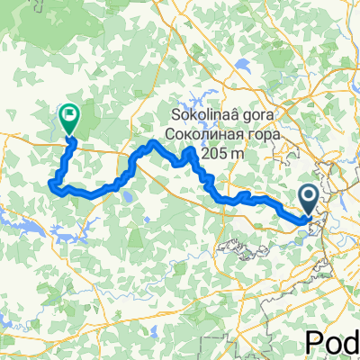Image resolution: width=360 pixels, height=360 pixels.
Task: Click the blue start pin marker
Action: click(x=308, y=199)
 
